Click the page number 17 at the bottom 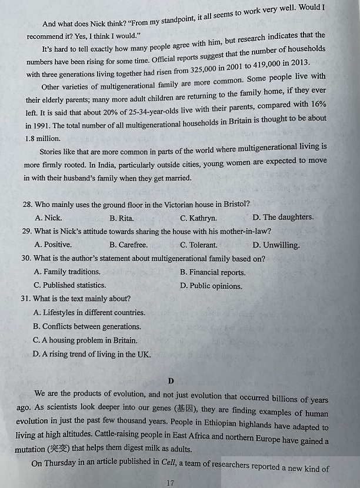tap(171, 483)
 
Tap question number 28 tap(27, 204)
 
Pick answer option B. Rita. tap(122, 218)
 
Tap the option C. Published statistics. tap(62, 285)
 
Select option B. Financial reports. tap(213, 272)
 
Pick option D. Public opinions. tap(211, 286)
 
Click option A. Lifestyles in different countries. tap(89, 313)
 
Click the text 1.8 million tap(43, 139)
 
